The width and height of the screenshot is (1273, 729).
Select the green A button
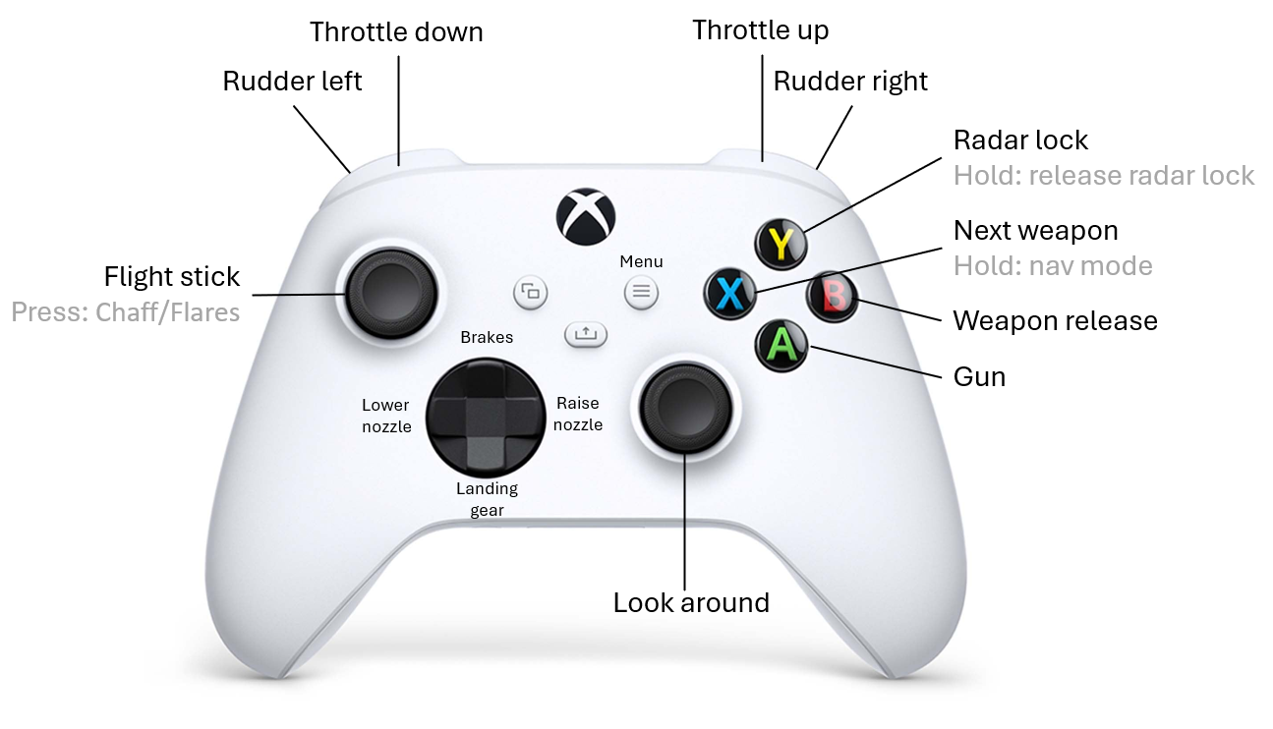click(781, 344)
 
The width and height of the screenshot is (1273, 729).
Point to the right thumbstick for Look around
click(685, 405)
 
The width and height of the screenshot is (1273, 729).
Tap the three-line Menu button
click(641, 291)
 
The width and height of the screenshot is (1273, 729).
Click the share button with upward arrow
click(586, 334)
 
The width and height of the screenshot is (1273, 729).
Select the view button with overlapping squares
click(531, 291)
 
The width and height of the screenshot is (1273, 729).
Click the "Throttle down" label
click(396, 32)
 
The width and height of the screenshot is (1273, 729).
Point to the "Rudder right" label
click(850, 81)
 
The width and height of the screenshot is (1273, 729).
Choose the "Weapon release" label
click(1055, 321)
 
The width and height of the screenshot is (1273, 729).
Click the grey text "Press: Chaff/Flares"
click(126, 313)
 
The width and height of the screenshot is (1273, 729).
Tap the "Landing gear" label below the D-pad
click(487, 499)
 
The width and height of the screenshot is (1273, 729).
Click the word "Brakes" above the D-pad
click(487, 337)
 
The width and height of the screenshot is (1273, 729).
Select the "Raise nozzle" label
click(578, 414)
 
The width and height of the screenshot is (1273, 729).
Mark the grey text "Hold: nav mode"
click(1053, 266)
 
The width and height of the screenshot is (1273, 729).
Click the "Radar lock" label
click(1020, 140)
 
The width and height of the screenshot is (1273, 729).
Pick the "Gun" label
click(979, 376)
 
